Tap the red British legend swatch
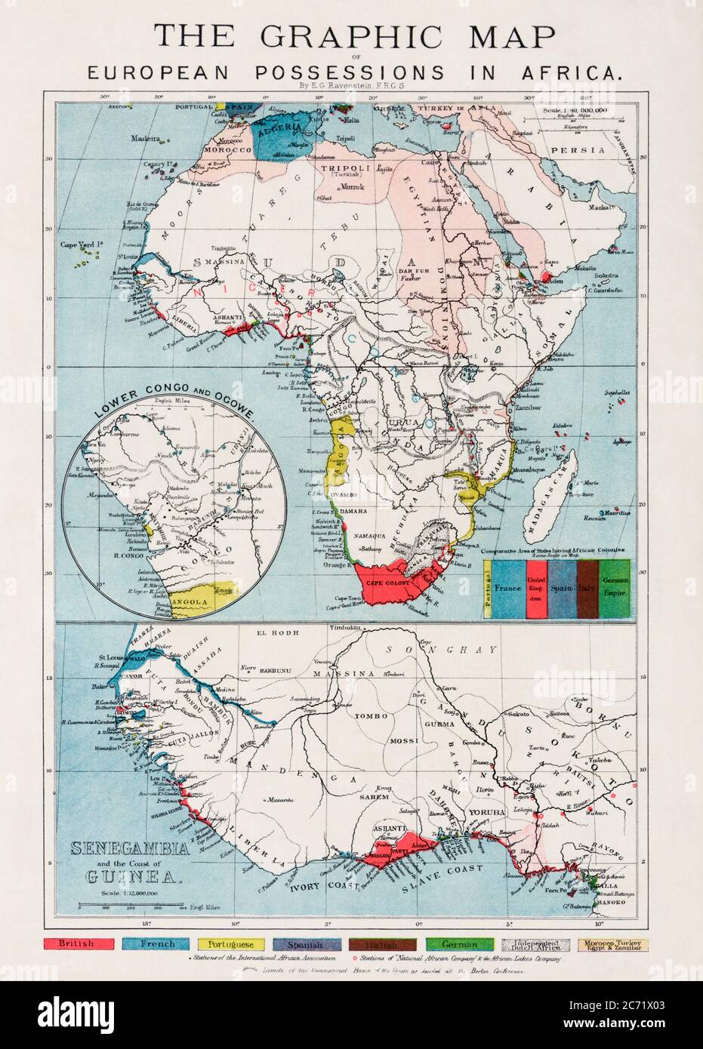coord(79,944)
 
